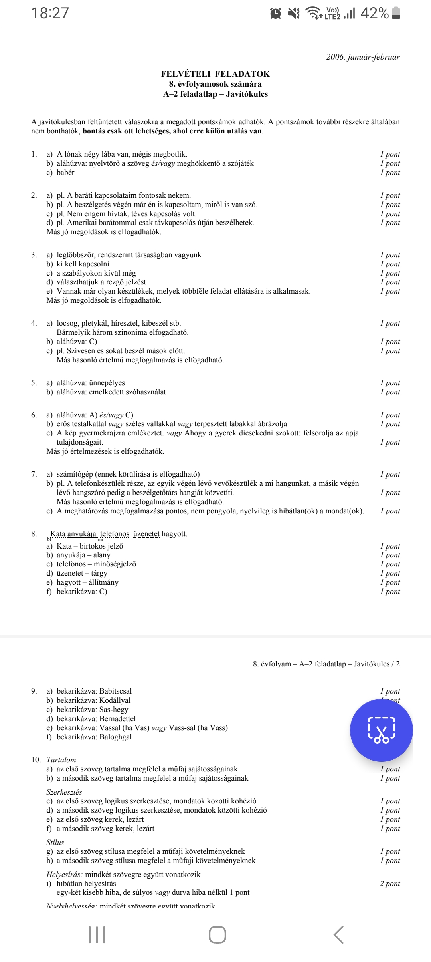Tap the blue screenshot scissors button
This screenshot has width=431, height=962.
[381, 730]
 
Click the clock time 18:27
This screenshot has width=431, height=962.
[50, 13]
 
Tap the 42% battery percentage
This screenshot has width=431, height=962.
[374, 13]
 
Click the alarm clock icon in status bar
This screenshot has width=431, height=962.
[275, 14]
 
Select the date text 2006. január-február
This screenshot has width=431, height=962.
[363, 57]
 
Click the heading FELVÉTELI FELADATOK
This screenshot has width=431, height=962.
[215, 74]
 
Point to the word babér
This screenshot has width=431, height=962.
[65, 173]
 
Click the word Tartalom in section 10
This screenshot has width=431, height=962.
[61, 760]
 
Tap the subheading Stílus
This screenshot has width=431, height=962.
[55, 842]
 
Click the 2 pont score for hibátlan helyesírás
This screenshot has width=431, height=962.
[389, 883]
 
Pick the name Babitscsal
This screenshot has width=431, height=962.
[115, 691]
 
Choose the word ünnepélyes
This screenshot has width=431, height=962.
[107, 383]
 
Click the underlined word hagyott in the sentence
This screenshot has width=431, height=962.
[174, 534]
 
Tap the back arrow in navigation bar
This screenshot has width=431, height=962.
[338, 935]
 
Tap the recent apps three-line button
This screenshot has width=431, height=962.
[97, 935]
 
